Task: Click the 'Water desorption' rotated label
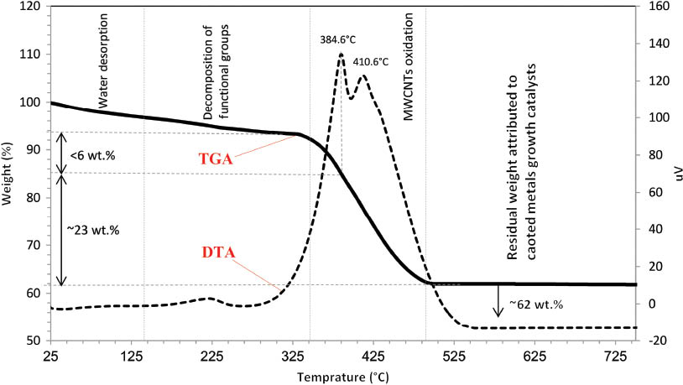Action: click(x=104, y=60)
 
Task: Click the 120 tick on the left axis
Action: click(x=30, y=7)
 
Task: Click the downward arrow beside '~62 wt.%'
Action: click(x=498, y=301)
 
